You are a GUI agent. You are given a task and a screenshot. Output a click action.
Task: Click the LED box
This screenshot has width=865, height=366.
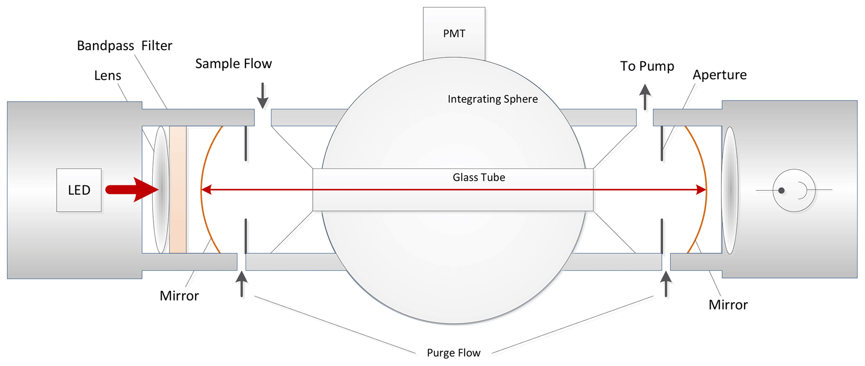(79, 190)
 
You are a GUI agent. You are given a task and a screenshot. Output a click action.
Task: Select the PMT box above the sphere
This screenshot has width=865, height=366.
(454, 34)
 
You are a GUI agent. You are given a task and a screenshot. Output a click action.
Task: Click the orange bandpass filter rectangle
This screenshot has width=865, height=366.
(178, 189)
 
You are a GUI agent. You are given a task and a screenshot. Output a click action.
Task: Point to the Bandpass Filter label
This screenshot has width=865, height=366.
(124, 46)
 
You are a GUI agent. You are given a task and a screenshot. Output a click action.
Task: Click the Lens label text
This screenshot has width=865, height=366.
(108, 76)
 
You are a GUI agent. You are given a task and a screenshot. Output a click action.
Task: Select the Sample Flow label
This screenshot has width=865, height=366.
(234, 64)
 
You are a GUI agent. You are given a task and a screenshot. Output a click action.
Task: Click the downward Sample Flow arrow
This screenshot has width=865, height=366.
(262, 96)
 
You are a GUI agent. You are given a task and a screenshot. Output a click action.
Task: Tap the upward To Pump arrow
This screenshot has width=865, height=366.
(645, 97)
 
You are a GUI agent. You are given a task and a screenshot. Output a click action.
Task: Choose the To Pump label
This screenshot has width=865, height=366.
(647, 66)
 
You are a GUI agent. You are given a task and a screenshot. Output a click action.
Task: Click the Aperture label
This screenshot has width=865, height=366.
(719, 75)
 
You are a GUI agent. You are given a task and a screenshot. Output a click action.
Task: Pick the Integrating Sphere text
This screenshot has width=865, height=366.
(493, 99)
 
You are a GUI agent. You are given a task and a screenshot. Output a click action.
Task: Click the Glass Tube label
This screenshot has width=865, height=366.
(479, 178)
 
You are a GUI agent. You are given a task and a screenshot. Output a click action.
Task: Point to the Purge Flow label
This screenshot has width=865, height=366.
(454, 353)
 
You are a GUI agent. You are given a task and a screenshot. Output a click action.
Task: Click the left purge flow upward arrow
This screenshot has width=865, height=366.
(241, 284)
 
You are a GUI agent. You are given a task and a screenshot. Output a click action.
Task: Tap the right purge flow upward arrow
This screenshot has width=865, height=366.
(666, 284)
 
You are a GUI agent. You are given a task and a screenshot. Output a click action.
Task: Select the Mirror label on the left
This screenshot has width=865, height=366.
(179, 296)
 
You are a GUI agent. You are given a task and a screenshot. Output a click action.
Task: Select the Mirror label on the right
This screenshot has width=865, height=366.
(728, 305)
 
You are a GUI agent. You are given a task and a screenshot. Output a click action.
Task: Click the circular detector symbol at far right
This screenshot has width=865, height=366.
(794, 190)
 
